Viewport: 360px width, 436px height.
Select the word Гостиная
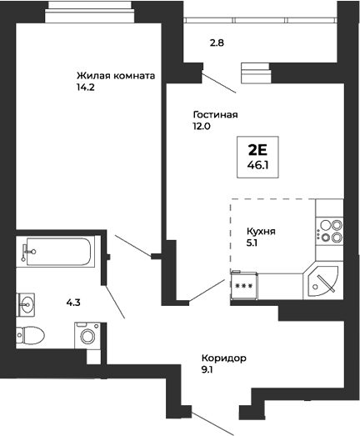[x=215, y=115]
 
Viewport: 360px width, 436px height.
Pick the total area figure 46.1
[x=257, y=166]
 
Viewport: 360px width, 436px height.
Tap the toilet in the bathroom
[x=32, y=335]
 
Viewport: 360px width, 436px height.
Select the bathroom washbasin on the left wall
[x=26, y=303]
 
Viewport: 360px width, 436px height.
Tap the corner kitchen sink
[x=322, y=281]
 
